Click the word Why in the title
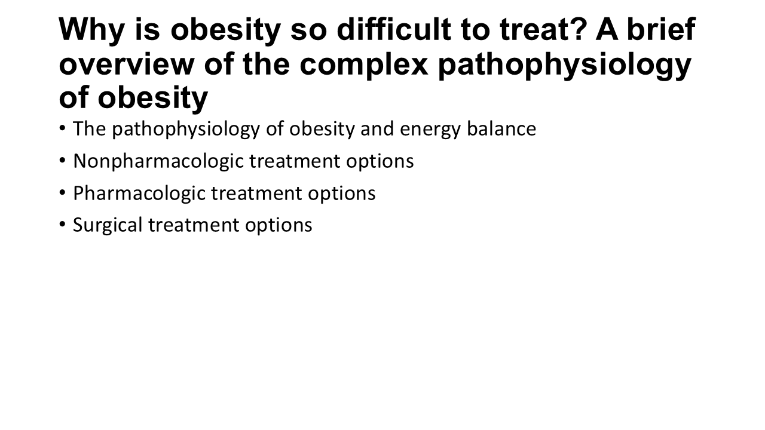91,30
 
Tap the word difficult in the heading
393,29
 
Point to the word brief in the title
661,29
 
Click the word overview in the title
126,64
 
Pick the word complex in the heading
364,65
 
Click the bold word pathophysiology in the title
565,65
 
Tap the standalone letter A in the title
607,29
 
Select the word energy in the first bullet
430,130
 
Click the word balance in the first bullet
501,128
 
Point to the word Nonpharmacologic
158,161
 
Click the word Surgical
108,225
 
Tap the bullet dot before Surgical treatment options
62,224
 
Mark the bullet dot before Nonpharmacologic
62,160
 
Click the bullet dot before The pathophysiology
62,128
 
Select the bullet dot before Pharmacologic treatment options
62,192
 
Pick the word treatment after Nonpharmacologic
295,161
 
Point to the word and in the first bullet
377,128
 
